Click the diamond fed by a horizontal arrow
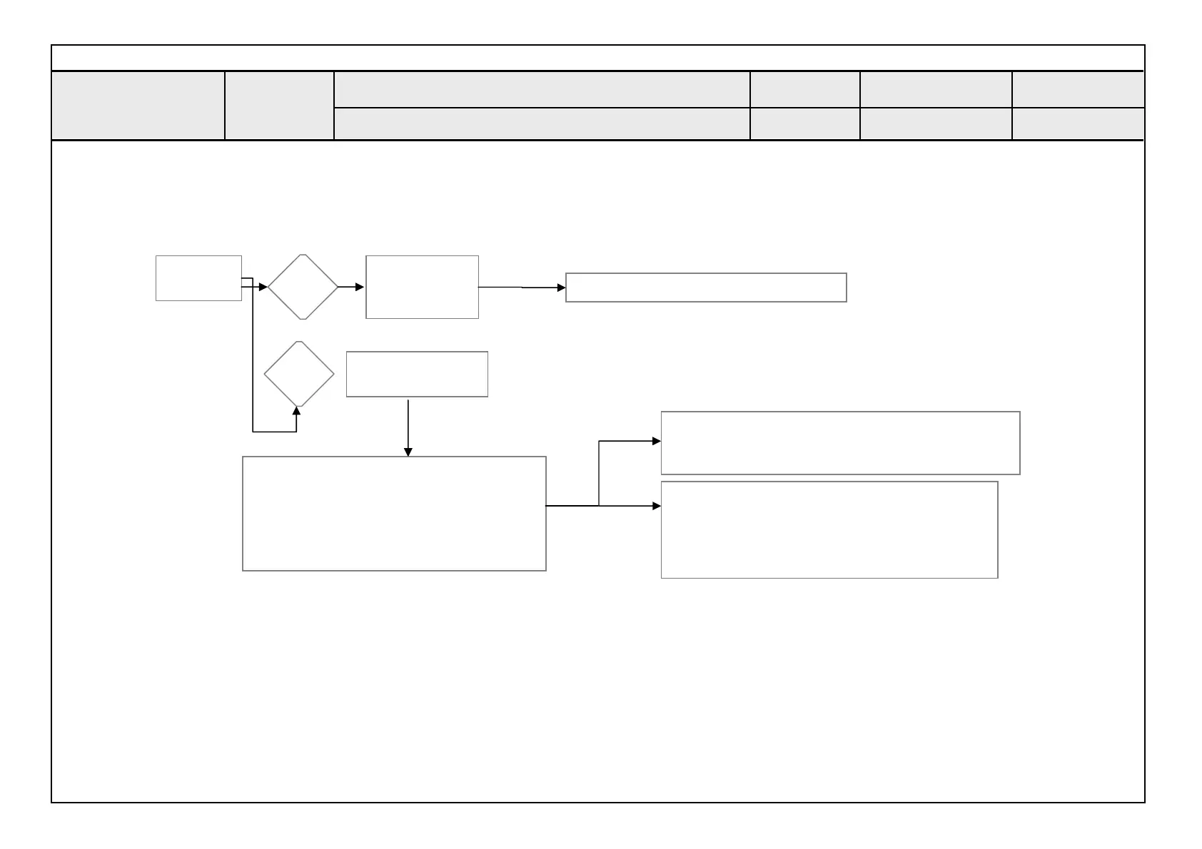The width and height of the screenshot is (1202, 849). click(303, 287)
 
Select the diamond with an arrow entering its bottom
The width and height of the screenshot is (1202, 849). click(299, 374)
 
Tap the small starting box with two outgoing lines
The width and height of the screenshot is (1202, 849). click(198, 278)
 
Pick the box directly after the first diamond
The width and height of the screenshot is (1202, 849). click(422, 287)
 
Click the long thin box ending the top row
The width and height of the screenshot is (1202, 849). click(706, 288)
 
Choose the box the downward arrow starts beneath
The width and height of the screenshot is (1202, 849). click(417, 374)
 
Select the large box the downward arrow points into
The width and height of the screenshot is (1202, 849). click(394, 514)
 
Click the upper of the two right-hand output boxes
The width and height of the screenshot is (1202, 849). click(840, 443)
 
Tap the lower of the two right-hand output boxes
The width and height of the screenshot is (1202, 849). click(829, 529)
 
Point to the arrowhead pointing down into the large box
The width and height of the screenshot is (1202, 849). click(408, 452)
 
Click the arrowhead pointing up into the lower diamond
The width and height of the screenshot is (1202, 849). click(297, 411)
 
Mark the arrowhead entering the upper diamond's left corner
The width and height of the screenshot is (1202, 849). click(263, 287)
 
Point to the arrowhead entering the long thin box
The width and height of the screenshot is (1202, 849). click(561, 288)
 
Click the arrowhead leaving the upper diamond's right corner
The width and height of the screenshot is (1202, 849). click(360, 287)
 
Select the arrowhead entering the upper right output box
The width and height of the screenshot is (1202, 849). click(657, 442)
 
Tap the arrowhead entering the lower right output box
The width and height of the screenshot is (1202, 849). click(657, 506)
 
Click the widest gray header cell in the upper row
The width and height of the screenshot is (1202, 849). click(542, 89)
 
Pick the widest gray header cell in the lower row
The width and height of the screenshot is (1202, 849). click(542, 124)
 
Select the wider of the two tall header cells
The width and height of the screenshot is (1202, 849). click(138, 106)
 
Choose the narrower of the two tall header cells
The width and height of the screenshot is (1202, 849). click(279, 106)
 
